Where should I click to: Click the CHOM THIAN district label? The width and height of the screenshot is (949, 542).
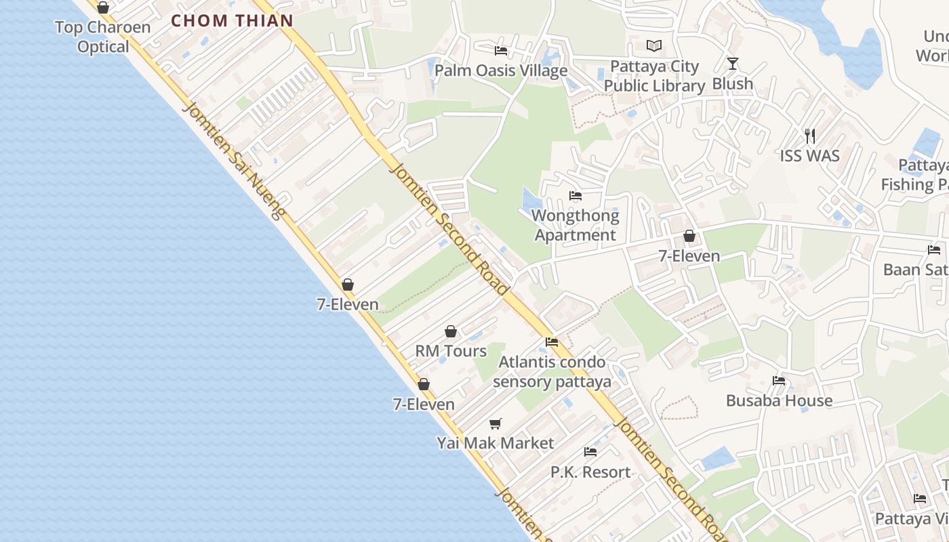click(x=232, y=20)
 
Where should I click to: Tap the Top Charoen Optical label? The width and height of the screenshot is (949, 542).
click(x=102, y=37)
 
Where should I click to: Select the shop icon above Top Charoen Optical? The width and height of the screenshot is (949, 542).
click(x=103, y=7)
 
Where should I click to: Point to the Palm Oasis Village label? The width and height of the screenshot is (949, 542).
click(x=501, y=70)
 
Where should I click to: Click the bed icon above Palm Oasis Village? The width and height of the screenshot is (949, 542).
click(x=501, y=50)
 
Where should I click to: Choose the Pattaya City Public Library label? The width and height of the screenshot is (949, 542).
click(x=655, y=76)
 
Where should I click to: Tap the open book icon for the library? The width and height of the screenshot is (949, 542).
click(x=654, y=45)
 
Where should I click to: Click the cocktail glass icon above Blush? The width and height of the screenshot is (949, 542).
click(x=733, y=64)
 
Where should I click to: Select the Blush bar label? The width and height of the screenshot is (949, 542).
click(x=733, y=83)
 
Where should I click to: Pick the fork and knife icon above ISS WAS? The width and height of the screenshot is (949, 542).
click(x=809, y=135)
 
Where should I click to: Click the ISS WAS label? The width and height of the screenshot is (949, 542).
click(x=809, y=156)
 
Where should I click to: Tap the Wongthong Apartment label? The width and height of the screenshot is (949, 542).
click(x=576, y=226)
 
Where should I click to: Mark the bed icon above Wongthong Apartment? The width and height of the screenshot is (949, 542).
click(x=576, y=196)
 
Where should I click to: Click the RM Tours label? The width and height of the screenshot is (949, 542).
click(x=451, y=351)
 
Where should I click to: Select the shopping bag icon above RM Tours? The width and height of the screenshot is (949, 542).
click(x=451, y=331)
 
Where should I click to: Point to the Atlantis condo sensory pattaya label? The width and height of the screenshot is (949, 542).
click(x=552, y=371)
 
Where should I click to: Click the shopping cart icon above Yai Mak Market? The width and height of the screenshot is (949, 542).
click(x=496, y=423)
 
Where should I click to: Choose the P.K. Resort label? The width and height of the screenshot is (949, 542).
click(x=590, y=472)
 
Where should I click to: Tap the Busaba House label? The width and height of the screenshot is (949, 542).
click(x=779, y=400)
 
